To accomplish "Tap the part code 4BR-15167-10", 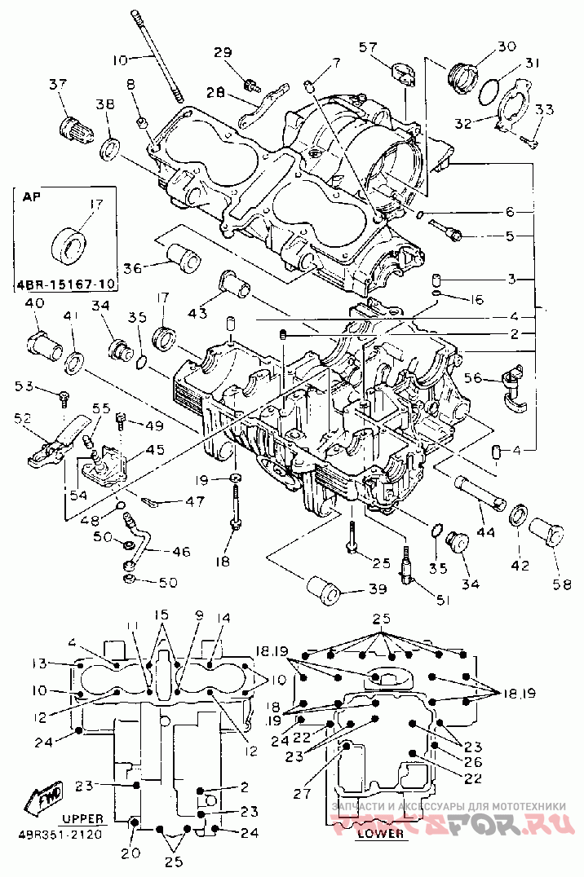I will tap(65, 284).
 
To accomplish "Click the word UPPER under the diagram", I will tap(83, 818).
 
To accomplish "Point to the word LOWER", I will tap(381, 834).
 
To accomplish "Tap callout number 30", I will tap(506, 46).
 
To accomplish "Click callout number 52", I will tap(23, 418).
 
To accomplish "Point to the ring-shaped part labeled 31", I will tap(489, 90).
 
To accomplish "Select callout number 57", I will tap(369, 46).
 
